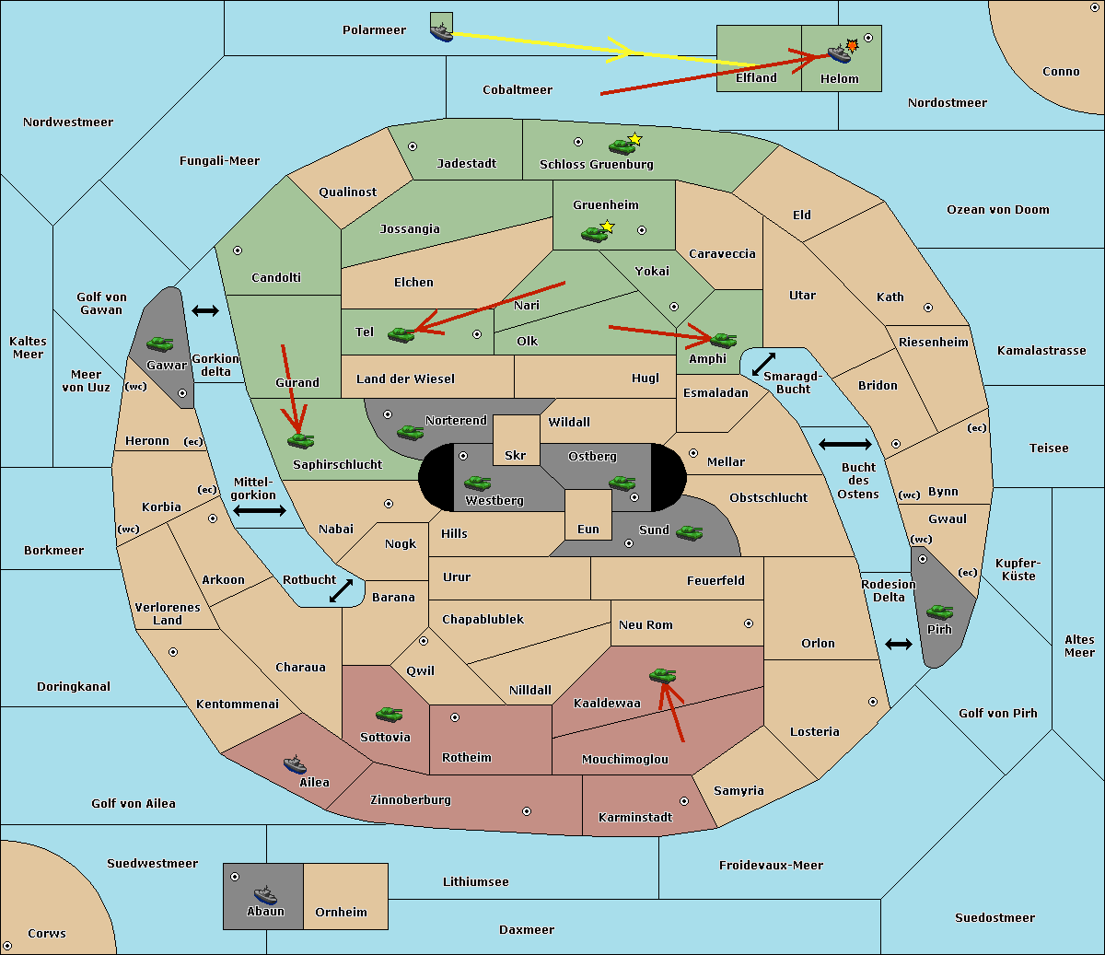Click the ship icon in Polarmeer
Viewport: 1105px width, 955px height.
[442, 32]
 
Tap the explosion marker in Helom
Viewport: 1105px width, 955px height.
[852, 45]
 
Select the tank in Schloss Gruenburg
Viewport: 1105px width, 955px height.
[622, 146]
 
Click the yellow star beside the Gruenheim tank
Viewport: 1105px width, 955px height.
[608, 227]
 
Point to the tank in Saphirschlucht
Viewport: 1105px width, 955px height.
[300, 440]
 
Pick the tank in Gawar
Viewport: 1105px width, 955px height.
[160, 344]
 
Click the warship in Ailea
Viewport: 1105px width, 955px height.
[295, 764]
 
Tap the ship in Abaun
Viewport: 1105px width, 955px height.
[265, 895]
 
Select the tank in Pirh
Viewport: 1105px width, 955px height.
[939, 611]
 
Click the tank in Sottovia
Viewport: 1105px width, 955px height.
[389, 714]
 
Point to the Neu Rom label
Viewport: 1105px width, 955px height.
[646, 624]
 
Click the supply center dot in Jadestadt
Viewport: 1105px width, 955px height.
[413, 146]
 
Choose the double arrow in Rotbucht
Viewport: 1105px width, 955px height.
[341, 590]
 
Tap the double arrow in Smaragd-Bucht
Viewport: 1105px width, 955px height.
[762, 364]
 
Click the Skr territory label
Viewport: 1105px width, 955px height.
[515, 455]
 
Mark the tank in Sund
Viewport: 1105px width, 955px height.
[689, 532]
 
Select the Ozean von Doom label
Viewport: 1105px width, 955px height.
[997, 210]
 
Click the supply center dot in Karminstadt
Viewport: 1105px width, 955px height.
[684, 801]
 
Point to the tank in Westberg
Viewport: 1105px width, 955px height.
[477, 483]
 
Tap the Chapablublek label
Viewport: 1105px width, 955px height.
[483, 619]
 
